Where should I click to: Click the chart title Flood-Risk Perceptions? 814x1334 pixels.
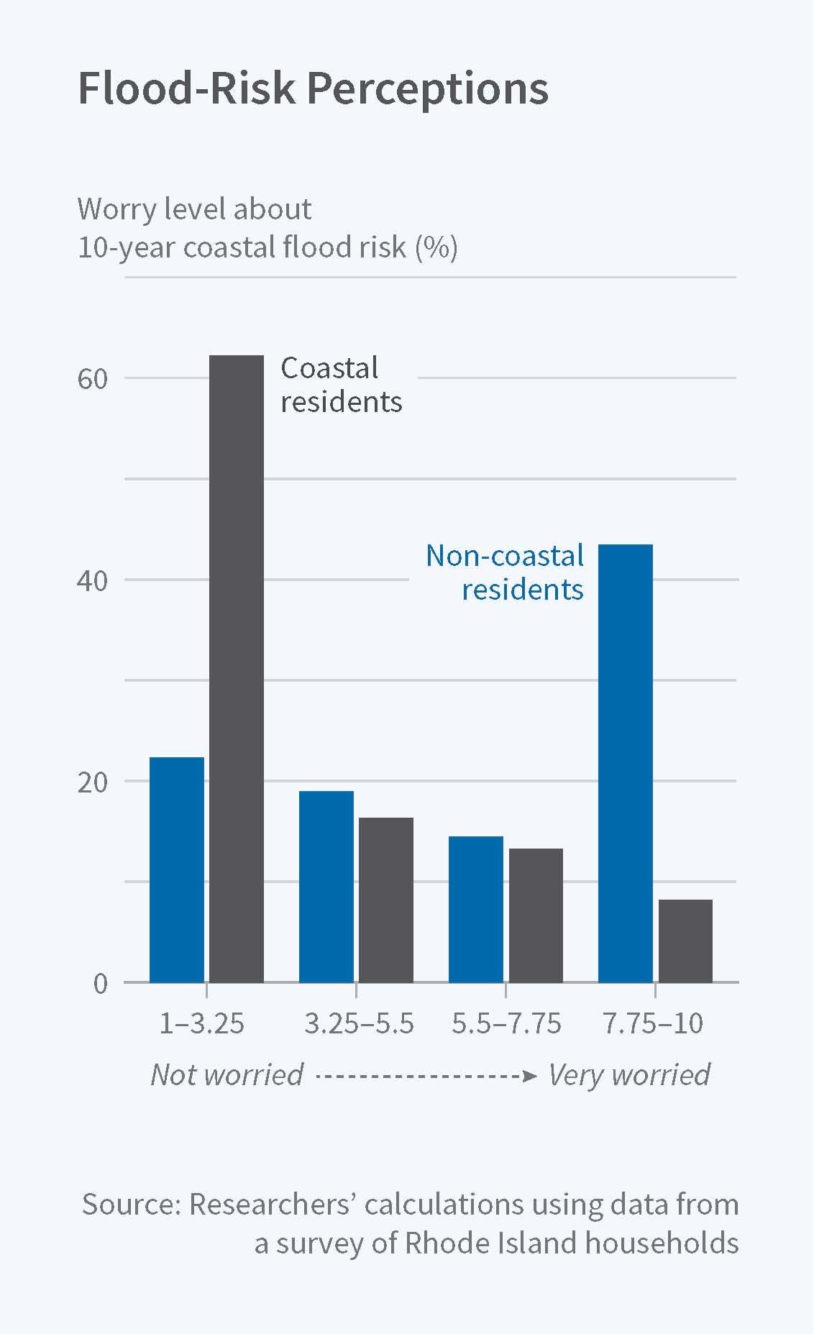tap(313, 88)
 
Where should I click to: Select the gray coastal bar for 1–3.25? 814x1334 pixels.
tap(236, 669)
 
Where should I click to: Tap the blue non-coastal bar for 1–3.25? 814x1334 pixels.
tap(176, 869)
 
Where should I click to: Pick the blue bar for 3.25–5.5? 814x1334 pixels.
tap(326, 886)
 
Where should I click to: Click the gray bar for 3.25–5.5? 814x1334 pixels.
tap(386, 900)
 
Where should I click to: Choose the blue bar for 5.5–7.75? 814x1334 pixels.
tap(475, 909)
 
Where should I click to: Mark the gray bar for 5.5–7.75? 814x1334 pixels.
tap(536, 915)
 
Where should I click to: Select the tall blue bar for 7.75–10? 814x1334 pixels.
tap(625, 763)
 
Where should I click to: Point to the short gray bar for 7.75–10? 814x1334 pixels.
tap(685, 941)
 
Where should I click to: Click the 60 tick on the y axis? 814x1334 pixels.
tap(92, 379)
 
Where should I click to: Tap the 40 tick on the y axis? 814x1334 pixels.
tap(92, 580)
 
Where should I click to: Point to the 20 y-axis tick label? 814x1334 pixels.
tap(92, 782)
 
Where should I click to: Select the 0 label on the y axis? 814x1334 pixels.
tap(100, 983)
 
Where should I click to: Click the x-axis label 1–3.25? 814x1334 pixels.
tap(201, 1023)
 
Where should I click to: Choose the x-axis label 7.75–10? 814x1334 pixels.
tap(653, 1023)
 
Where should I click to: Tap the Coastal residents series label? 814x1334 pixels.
tap(340, 385)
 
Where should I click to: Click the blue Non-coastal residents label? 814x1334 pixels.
tap(505, 572)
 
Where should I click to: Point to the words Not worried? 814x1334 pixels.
tap(227, 1074)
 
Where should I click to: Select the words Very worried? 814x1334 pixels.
tap(629, 1074)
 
